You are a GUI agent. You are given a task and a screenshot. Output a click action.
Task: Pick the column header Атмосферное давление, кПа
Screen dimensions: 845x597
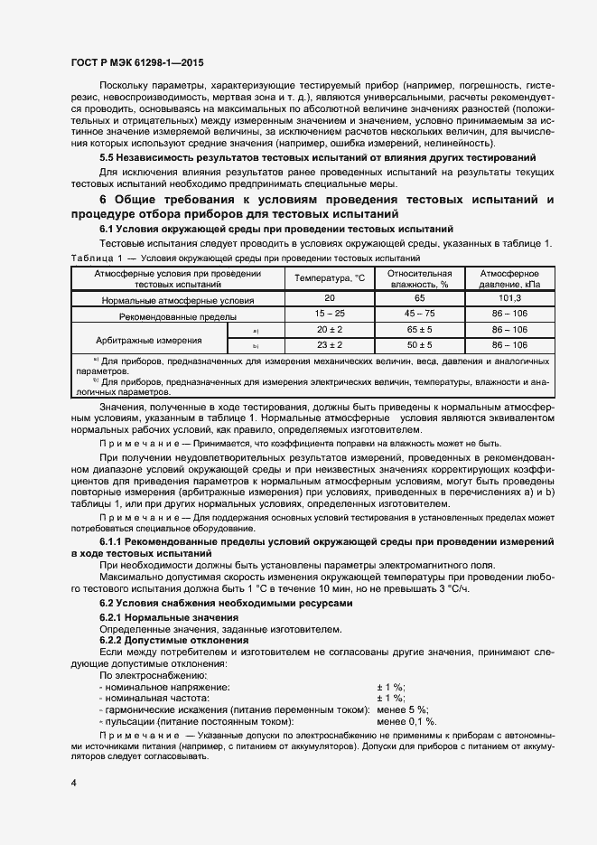509,277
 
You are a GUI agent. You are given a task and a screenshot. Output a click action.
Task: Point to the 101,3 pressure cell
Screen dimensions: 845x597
509,298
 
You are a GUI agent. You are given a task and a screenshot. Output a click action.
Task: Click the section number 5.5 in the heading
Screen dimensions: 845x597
108,156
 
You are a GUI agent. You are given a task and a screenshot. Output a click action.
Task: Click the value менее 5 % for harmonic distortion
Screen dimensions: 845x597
402,709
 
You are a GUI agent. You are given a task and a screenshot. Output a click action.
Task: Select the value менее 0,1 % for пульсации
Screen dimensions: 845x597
406,721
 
